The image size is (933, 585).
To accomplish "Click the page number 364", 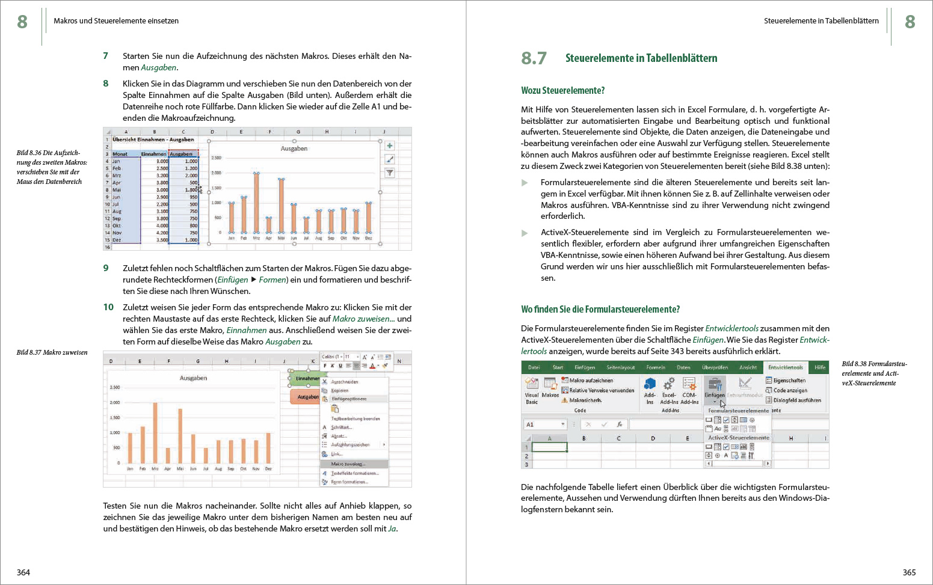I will [x=23, y=572].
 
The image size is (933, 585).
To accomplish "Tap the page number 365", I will [x=909, y=572].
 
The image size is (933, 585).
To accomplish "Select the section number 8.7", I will [x=534, y=58].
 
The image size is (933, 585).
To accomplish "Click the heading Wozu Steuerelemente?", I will [x=562, y=90].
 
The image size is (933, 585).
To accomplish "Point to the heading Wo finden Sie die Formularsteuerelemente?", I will [x=600, y=309].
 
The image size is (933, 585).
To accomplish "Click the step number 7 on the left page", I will [x=106, y=56].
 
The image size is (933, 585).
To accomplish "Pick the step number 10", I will [x=108, y=307].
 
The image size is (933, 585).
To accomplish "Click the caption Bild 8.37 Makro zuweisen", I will [x=52, y=352].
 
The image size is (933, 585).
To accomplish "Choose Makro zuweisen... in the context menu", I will [x=348, y=464].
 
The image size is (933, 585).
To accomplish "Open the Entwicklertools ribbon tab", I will [x=785, y=367].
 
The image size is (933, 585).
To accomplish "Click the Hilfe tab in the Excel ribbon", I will [x=820, y=367].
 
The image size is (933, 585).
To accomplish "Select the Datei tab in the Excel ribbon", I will [x=534, y=367].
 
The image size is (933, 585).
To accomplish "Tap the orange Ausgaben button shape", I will [x=307, y=397].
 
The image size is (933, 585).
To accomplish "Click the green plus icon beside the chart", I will [x=390, y=145].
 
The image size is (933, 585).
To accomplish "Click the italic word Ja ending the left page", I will [x=392, y=529].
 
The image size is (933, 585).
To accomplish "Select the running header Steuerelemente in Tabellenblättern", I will [x=821, y=21].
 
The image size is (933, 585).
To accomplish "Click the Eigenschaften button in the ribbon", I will [x=786, y=381].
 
